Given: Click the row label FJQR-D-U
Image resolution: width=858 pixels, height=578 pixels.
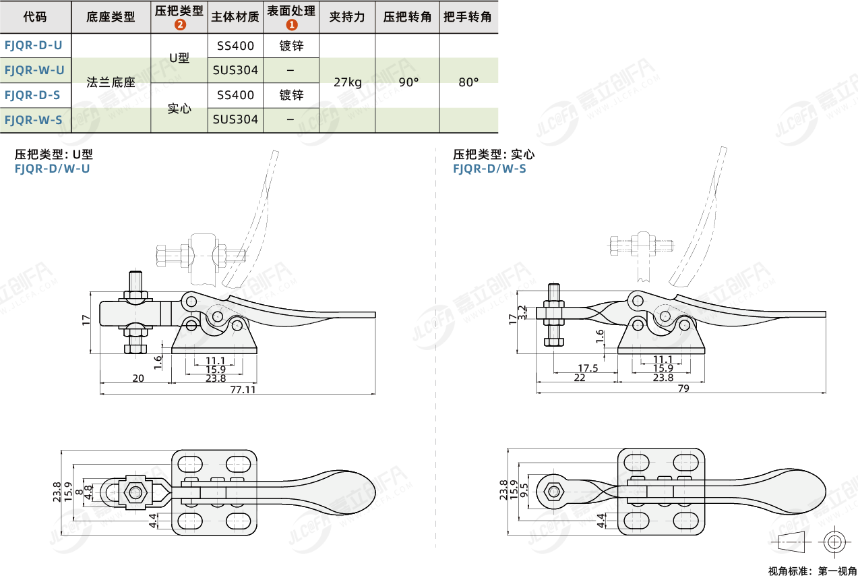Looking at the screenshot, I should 33,45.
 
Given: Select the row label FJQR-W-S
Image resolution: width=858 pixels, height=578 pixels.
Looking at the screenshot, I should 33,120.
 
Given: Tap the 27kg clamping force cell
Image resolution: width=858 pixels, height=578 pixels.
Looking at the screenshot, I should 347,83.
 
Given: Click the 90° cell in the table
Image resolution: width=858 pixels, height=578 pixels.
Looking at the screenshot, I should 408,83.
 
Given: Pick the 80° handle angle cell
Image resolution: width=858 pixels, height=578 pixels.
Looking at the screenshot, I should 468,83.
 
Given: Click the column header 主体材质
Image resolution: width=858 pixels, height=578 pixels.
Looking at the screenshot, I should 235,17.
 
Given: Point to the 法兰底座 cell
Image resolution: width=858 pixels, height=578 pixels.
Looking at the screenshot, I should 111,83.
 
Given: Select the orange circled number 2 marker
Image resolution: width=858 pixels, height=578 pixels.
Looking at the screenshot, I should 179,25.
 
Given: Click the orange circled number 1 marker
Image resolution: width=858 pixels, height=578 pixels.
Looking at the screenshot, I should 291,25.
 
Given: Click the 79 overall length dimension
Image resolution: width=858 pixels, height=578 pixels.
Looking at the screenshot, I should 682,388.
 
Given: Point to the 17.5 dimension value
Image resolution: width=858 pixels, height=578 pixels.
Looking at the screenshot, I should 588,368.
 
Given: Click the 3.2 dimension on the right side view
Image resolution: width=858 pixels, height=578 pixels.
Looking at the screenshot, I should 523,312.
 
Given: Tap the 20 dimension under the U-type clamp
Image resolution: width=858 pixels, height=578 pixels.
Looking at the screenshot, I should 138,378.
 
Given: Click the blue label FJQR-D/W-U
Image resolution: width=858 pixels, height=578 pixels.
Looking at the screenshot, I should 52,169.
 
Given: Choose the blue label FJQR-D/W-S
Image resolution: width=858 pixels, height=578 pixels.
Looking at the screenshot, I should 489,169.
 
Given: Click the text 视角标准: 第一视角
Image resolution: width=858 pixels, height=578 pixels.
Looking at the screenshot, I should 813,571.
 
